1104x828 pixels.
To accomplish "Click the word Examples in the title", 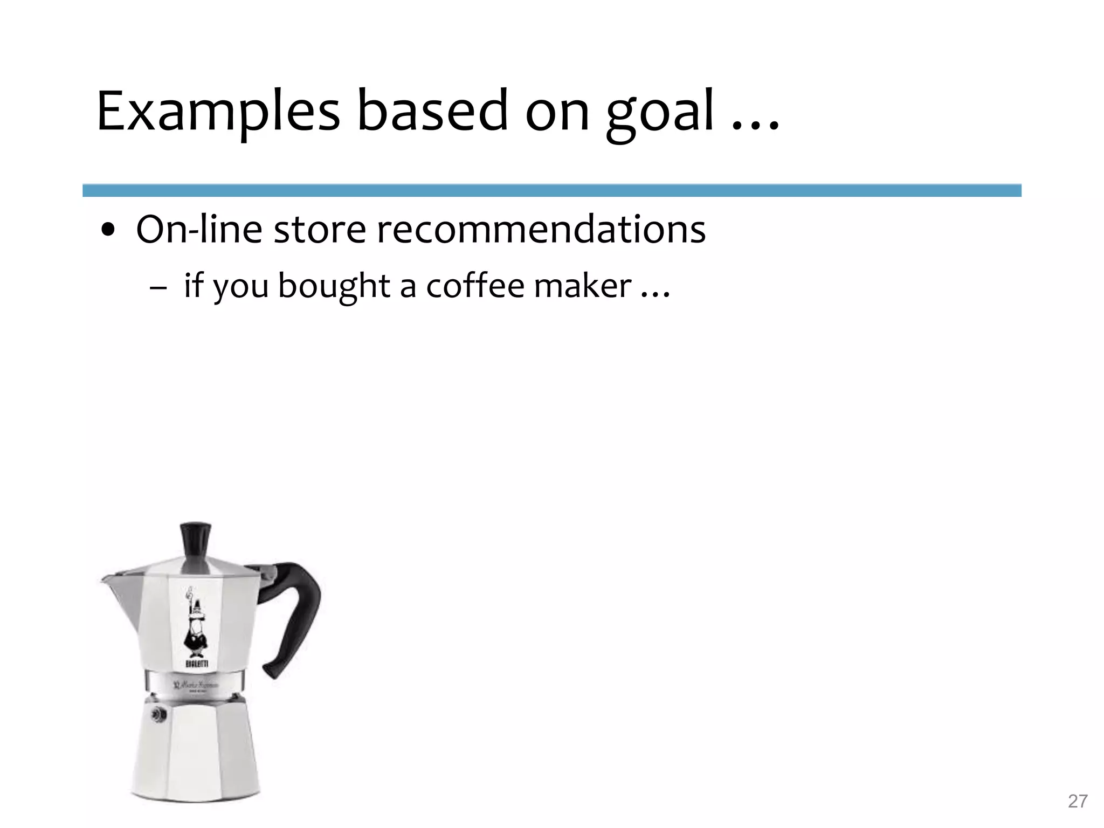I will coord(218,112).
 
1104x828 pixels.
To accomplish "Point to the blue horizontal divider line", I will coord(551,190).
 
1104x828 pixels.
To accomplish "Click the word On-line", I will coord(199,230).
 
